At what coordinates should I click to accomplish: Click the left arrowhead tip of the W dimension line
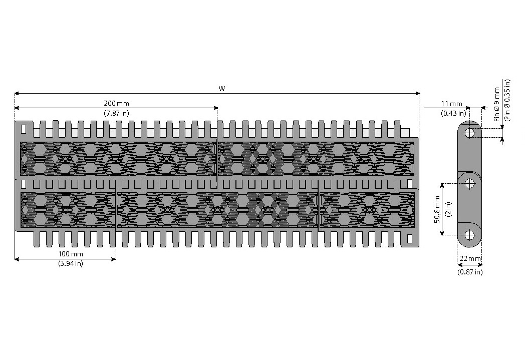[x=15, y=93]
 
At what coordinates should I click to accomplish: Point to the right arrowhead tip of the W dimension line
[x=420, y=93]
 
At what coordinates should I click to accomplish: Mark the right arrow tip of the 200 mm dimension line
[x=218, y=108]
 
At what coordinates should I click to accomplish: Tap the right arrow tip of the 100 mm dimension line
[x=116, y=259]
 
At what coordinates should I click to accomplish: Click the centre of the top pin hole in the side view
[x=470, y=133]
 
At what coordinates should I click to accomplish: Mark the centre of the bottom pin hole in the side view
[x=470, y=235]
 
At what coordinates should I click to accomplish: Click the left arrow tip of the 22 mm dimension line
[x=457, y=265]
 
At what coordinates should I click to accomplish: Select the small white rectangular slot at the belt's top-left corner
[x=24, y=129]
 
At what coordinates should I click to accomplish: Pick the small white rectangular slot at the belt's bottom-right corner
[x=409, y=239]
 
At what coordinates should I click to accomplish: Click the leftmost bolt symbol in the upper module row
[x=65, y=158]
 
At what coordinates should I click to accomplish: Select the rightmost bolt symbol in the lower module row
[x=369, y=210]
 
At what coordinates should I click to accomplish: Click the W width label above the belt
[x=222, y=89]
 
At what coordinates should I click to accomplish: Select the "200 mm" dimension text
[x=116, y=103]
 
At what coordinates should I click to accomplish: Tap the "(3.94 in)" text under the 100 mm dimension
[x=71, y=263]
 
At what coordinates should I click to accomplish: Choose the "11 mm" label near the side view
[x=451, y=104]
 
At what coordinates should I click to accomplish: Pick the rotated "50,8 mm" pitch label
[x=437, y=209]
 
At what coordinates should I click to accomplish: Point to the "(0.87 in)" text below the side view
[x=470, y=272]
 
